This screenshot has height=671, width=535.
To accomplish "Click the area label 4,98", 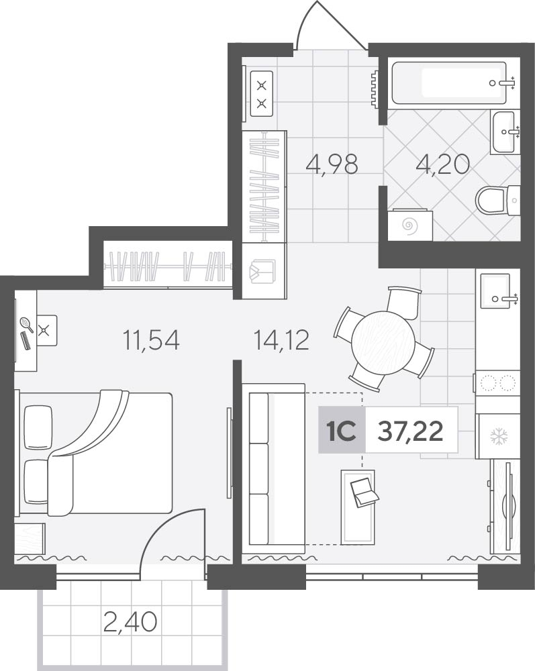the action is pos(332,164).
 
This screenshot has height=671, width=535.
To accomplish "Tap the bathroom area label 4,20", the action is pos(443,164).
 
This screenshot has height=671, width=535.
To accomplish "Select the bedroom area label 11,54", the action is pos(151,340).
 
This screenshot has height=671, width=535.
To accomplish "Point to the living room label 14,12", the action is pos(281,340).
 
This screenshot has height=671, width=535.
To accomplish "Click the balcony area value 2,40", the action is pos(130,622).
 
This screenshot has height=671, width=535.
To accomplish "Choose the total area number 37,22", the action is pos(410,431).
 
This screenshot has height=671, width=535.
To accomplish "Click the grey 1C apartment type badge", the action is pos(342,429).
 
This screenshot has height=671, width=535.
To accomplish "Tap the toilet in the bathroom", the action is pos(498,200).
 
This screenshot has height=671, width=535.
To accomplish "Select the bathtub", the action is pos(449,83).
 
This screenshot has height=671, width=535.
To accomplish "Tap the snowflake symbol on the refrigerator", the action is pos(498,437).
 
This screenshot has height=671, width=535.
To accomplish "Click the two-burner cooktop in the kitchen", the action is pos(498,383).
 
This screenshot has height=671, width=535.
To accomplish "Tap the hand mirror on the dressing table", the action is pos(27,324).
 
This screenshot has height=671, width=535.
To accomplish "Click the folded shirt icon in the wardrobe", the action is pos(262,271).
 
